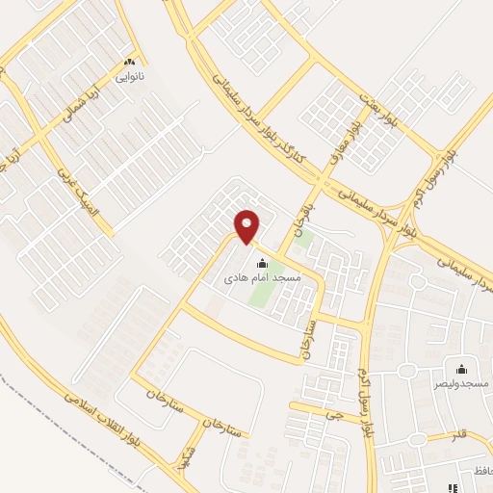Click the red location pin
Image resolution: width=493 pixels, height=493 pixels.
click(x=247, y=226)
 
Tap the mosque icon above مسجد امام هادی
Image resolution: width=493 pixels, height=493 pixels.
click(x=260, y=263)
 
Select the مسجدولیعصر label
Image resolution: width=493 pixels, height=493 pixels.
click(x=461, y=383)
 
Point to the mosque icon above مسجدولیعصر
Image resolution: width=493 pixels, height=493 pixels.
click(x=461, y=369)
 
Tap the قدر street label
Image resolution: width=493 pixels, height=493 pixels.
click(x=461, y=434)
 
